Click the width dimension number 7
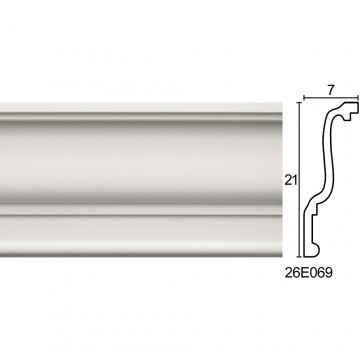(331, 90)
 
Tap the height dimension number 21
(291, 180)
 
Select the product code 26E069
(309, 273)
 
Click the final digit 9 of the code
(329, 273)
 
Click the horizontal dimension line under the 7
(331, 98)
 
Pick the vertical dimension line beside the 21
(299, 180)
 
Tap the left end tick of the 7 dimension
(304, 98)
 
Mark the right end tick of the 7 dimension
(358, 98)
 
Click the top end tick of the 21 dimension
(299, 103)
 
